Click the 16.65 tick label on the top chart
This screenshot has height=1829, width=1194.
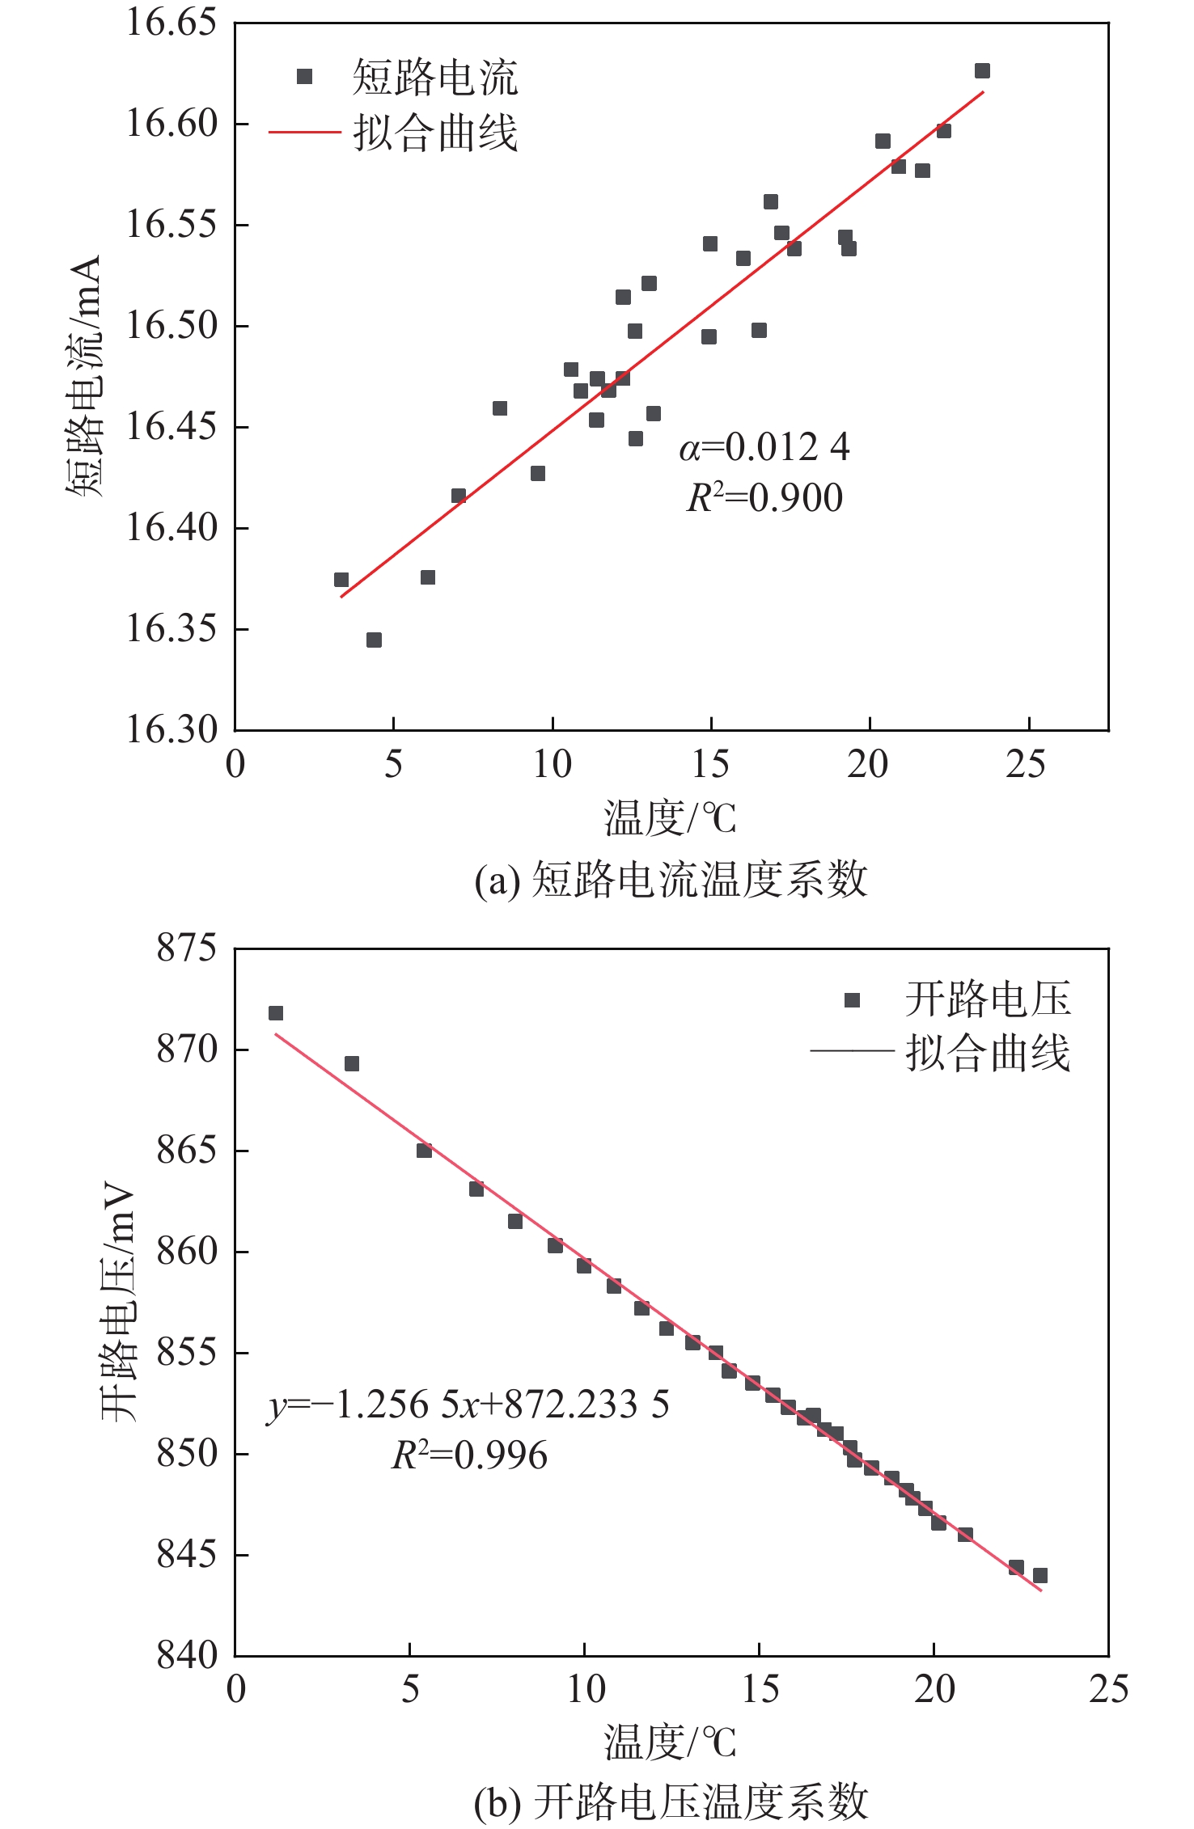(x=160, y=23)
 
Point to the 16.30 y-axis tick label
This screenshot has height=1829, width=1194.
(x=160, y=729)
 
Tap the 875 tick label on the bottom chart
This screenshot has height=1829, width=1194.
(x=187, y=948)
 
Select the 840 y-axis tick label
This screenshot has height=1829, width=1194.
(x=187, y=1655)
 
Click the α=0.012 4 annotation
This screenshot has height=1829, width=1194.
(x=764, y=447)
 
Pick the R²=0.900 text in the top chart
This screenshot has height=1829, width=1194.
(x=764, y=497)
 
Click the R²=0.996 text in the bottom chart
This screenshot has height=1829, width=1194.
(x=469, y=1455)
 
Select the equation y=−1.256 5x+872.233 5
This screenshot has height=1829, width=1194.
(x=468, y=1405)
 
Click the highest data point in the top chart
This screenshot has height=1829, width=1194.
(x=982, y=71)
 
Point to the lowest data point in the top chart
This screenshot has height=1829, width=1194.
(x=374, y=640)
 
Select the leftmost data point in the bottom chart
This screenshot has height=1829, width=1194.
(x=276, y=1013)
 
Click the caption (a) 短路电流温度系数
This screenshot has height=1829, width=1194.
(x=671, y=880)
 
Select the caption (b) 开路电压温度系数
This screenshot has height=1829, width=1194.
(x=671, y=1802)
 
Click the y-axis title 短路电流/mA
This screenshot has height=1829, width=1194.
(x=84, y=376)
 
